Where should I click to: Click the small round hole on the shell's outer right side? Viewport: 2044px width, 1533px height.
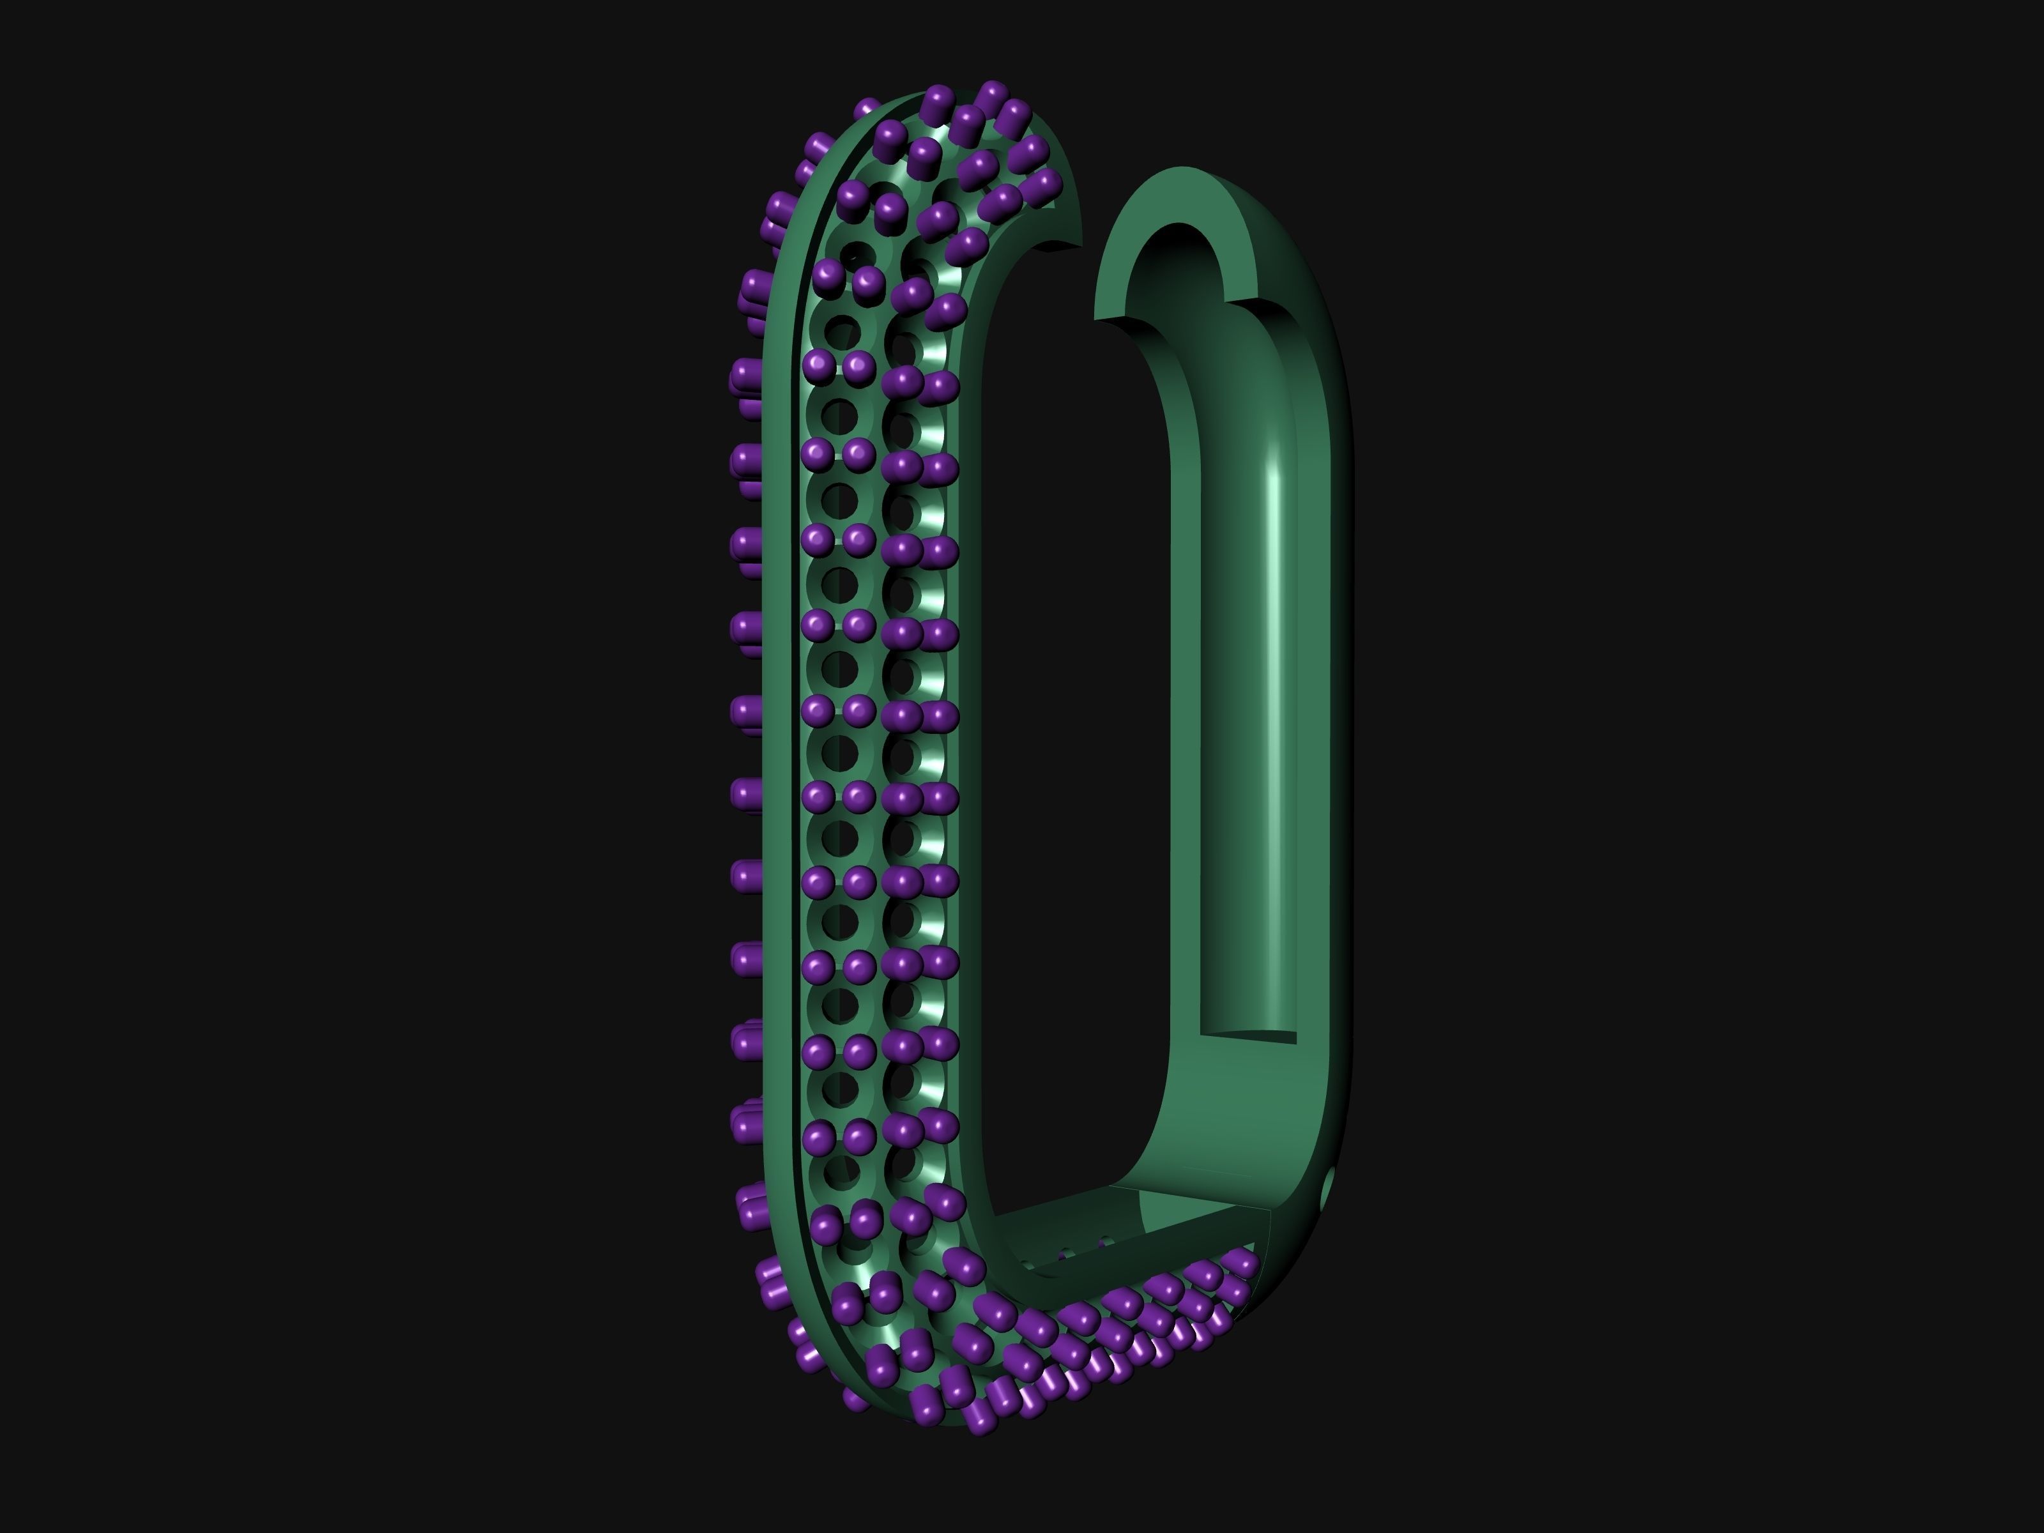(x=1330, y=1188)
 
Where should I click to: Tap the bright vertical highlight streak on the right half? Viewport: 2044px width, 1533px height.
(x=1275, y=647)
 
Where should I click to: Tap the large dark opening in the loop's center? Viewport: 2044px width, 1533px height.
(x=1072, y=739)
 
